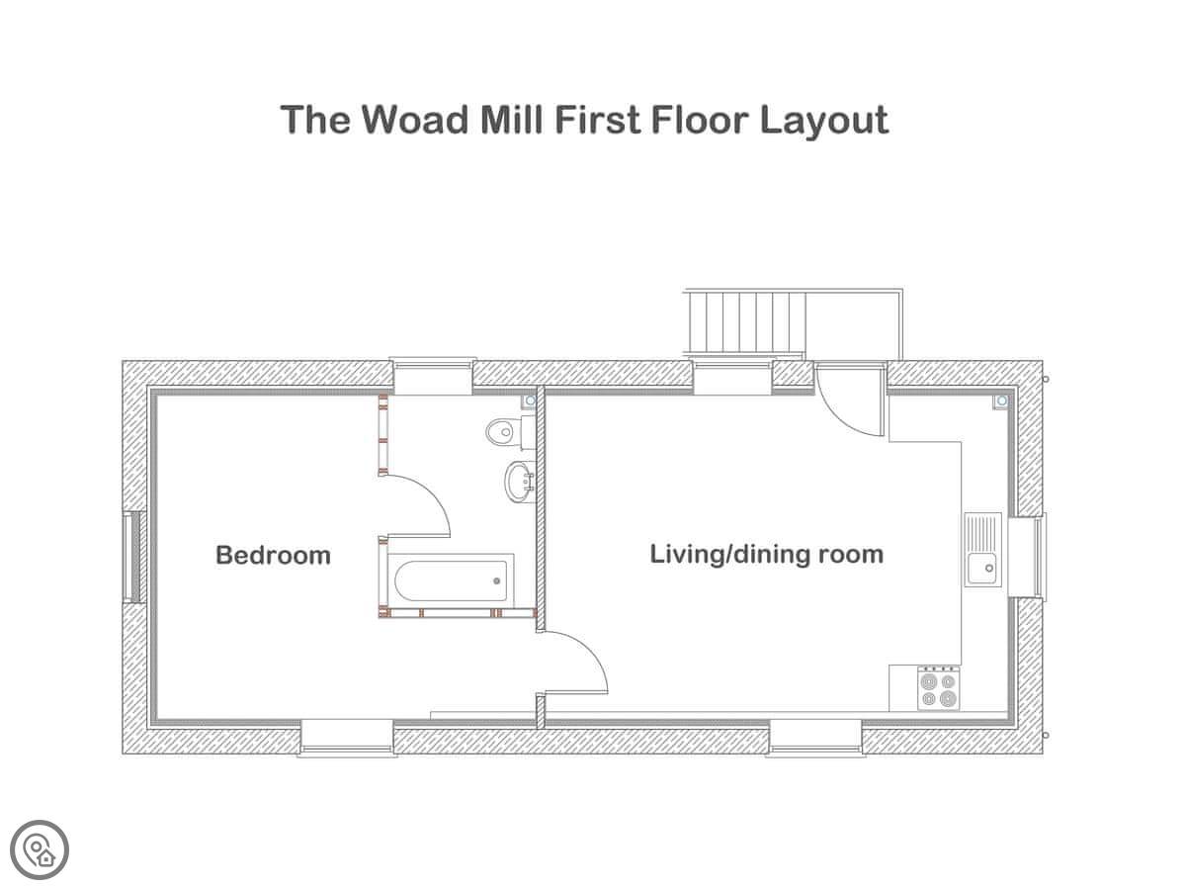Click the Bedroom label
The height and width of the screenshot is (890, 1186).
273,555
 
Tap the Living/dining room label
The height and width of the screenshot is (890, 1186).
766,555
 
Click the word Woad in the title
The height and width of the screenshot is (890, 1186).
414,119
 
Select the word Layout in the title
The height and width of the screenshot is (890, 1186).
824,120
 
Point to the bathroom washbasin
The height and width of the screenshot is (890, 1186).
520,481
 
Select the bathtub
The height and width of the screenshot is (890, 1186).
451,580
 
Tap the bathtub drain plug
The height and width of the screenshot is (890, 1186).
496,580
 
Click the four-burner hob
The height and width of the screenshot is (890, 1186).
939,688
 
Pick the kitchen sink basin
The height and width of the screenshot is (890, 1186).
981,569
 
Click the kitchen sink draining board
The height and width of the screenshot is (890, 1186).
982,532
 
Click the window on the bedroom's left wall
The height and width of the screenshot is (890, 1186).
132,557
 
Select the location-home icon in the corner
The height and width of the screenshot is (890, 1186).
40,849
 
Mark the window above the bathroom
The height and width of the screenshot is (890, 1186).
432,376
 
